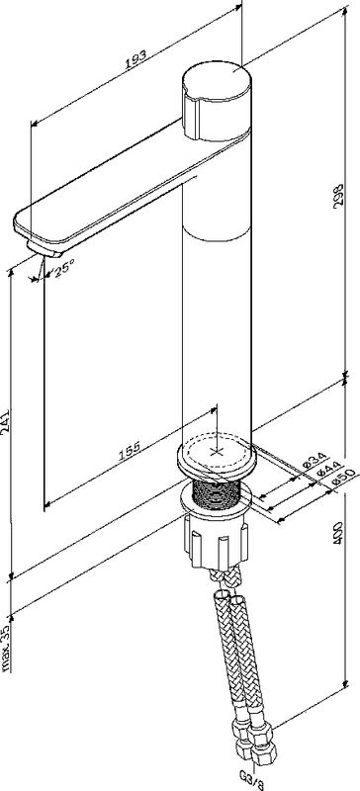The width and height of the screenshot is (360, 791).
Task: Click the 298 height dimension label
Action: click(341, 193)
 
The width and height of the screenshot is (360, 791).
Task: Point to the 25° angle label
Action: click(64, 266)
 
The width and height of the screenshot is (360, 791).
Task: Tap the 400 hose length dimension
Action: click(340, 532)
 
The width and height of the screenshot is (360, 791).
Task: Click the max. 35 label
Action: click(7, 649)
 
